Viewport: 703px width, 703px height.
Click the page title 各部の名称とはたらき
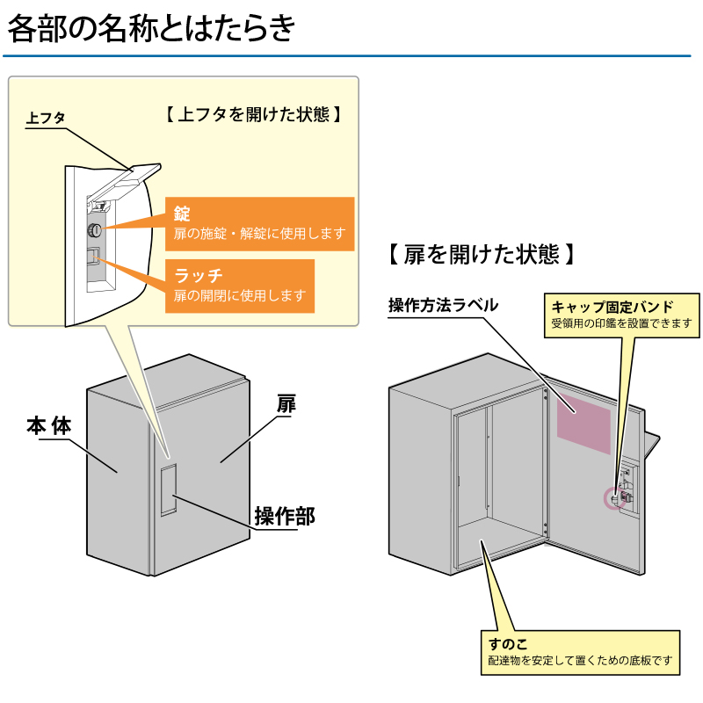(x=150, y=28)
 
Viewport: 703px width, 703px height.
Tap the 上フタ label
(x=46, y=118)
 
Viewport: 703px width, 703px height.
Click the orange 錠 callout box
(x=259, y=223)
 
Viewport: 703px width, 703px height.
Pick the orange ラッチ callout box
(x=239, y=286)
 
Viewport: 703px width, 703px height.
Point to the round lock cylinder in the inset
(x=94, y=230)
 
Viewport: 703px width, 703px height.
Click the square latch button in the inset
(x=92, y=257)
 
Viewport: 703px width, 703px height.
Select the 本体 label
(x=47, y=426)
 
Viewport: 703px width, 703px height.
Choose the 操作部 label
(x=284, y=516)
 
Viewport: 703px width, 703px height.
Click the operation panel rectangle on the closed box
(x=168, y=489)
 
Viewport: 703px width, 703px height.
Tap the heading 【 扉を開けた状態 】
(x=482, y=255)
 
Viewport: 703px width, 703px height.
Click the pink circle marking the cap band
(x=612, y=498)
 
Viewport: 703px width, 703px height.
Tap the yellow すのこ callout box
(x=581, y=652)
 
